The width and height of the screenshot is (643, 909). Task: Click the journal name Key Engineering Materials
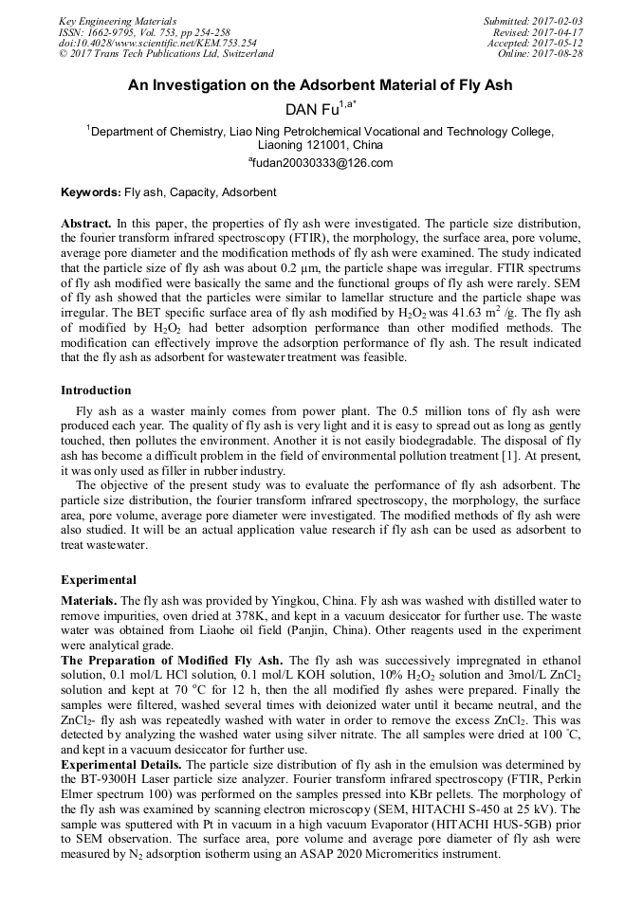(x=117, y=20)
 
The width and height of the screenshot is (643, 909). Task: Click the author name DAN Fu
(x=312, y=111)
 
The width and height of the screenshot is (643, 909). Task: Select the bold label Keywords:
(x=91, y=192)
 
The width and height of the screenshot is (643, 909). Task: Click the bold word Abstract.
(x=85, y=221)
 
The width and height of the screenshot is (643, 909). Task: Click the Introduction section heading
(x=96, y=390)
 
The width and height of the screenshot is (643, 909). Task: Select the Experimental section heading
(x=99, y=579)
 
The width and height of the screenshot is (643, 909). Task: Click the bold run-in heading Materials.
(x=90, y=601)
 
